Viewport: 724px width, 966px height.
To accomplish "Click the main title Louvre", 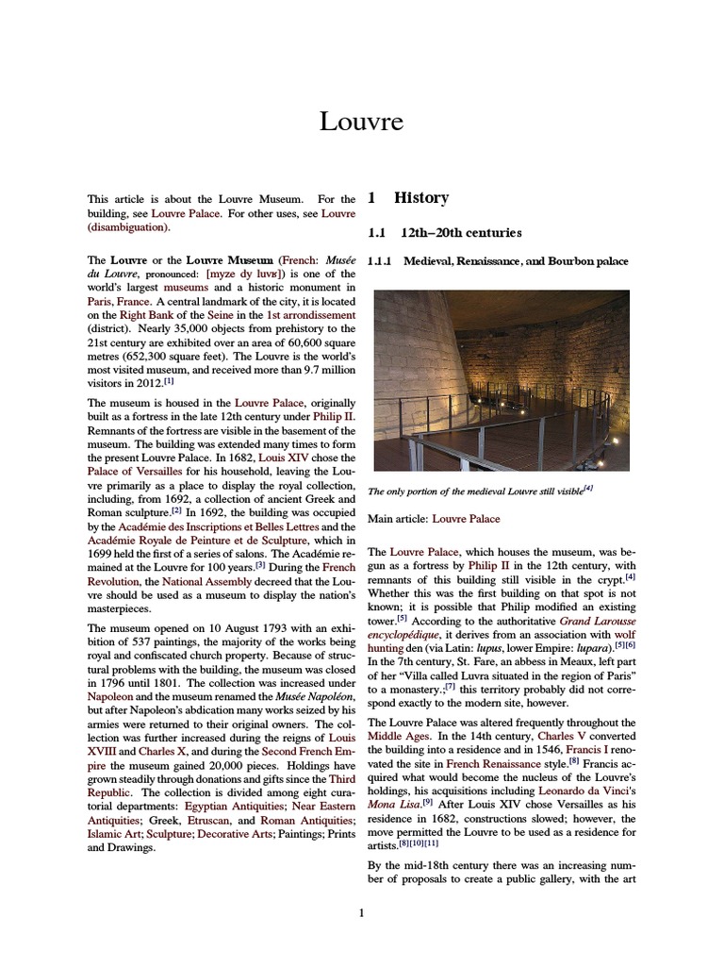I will (361, 121).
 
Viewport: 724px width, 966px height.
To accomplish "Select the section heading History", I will (420, 198).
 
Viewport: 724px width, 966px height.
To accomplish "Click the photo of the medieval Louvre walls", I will (501, 380).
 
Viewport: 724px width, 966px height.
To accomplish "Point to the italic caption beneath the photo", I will (480, 490).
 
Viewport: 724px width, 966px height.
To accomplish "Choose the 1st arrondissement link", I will (311, 314).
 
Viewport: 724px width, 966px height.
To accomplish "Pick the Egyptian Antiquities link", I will (231, 808).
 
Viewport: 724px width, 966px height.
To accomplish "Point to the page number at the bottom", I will (361, 912).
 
